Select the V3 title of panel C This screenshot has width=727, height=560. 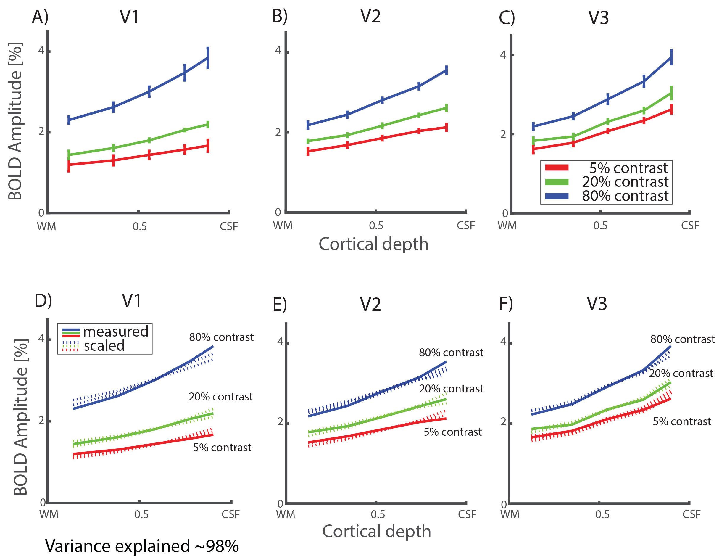click(598, 18)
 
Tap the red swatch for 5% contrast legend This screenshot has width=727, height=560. click(557, 168)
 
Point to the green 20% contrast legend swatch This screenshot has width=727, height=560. click(557, 182)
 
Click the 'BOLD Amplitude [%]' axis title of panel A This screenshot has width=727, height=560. click(15, 122)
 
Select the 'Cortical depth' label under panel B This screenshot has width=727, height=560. click(373, 244)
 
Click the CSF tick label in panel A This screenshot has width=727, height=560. click(229, 227)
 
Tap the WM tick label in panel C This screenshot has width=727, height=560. click(507, 226)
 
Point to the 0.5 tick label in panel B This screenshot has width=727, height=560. click(376, 226)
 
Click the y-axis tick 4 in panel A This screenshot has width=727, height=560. click(41, 51)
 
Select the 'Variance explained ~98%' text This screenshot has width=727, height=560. click(142, 546)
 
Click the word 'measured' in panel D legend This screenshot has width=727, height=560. click(115, 332)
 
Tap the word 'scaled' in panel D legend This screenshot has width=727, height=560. click(104, 346)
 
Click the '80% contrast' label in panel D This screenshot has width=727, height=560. click(221, 337)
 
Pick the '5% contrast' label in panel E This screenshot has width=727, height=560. click(452, 432)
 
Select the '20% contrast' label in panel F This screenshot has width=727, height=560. click(681, 374)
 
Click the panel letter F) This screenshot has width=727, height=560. click(506, 304)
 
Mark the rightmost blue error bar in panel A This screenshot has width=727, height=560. click(208, 58)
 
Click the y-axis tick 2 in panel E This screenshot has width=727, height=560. click(280, 422)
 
